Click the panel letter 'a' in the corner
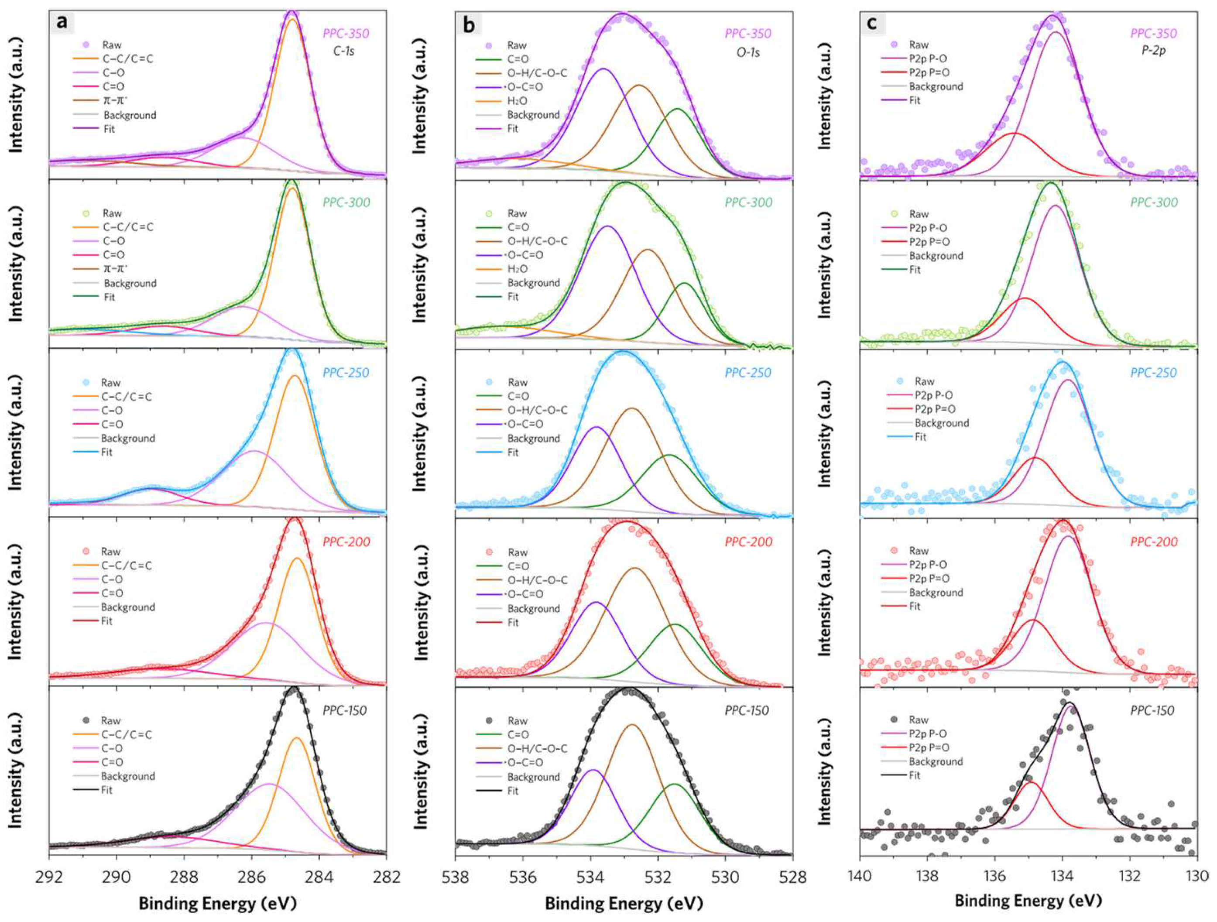pyautogui.click(x=62, y=23)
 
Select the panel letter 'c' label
pyautogui.click(x=872, y=23)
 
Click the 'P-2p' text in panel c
pyautogui.click(x=1153, y=51)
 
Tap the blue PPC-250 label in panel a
pyautogui.click(x=346, y=373)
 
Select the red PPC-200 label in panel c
pyautogui.click(x=1153, y=542)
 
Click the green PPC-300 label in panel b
pyautogui.click(x=748, y=202)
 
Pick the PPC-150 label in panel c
pyautogui.click(x=1152, y=710)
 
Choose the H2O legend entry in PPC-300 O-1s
pyautogui.click(x=517, y=269)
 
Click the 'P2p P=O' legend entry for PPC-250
pyautogui.click(x=935, y=409)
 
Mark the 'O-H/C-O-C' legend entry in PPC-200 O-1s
pyautogui.click(x=537, y=580)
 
